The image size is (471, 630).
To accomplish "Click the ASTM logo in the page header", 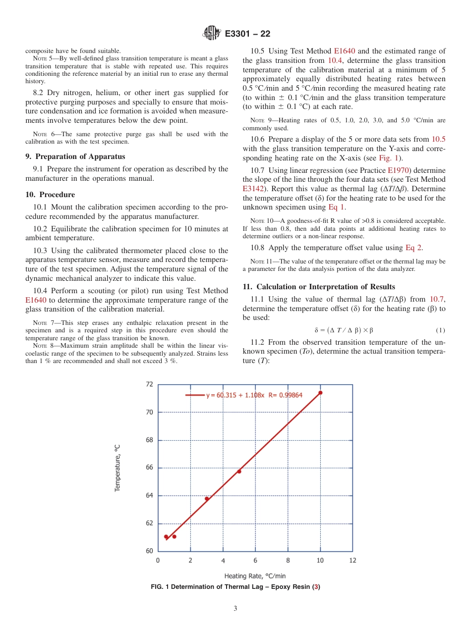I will coord(212,33).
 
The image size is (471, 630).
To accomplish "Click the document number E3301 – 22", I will coord(247,34).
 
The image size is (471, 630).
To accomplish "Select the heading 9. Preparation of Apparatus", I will coord(75,157).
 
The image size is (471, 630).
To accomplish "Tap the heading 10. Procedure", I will coord(50,195).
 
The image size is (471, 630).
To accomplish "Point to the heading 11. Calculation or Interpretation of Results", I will coord(319,287).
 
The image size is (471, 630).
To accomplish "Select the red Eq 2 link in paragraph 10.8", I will coord(413,248).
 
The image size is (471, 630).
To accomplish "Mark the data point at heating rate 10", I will coord(320,393).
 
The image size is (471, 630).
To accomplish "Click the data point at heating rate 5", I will coord(239,471).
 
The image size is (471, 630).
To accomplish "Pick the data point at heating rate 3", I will coord(207,498).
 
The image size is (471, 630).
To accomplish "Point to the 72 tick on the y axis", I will coord(149,384).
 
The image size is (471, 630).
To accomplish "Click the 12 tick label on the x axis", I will coord(353,560).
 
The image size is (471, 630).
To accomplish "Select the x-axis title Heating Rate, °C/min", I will coord(255,576).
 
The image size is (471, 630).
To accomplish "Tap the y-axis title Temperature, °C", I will coord(118,468).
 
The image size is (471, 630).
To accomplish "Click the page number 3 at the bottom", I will coord(235,609).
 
